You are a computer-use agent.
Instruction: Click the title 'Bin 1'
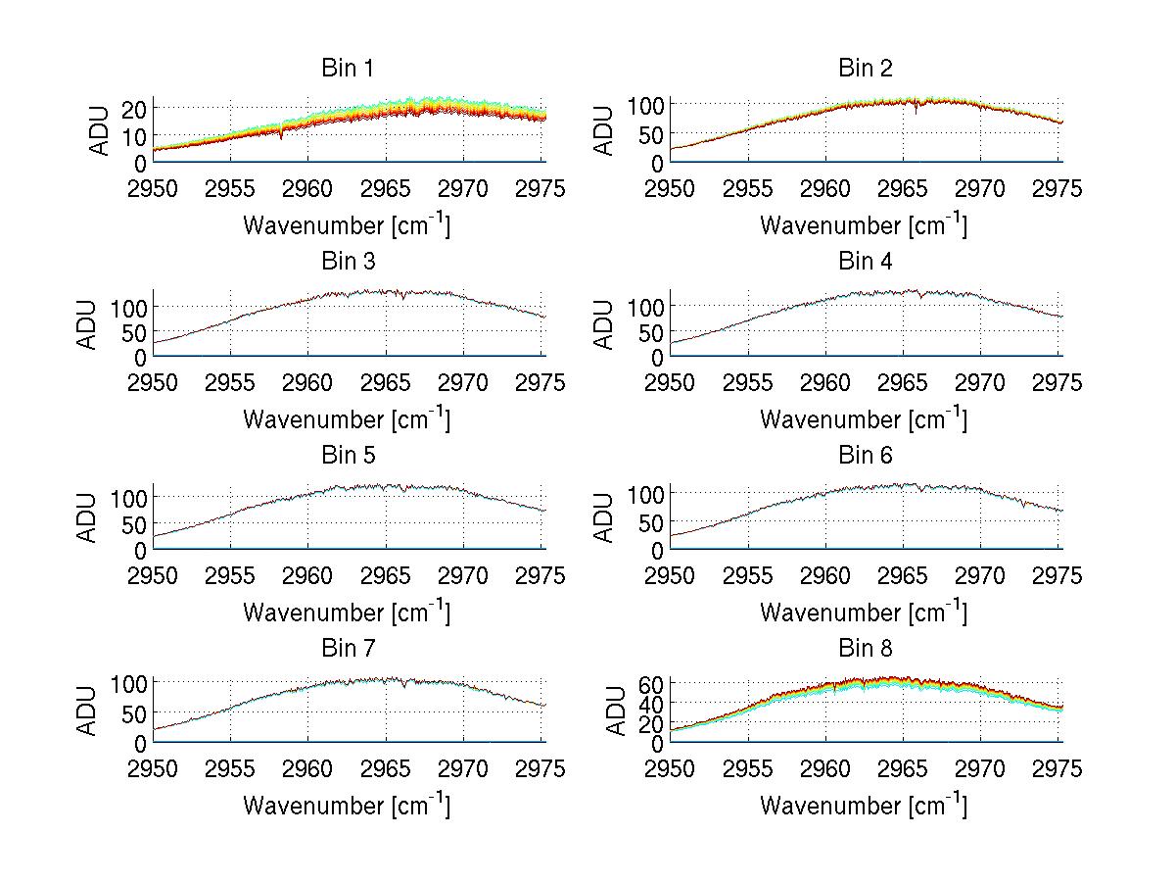(x=348, y=69)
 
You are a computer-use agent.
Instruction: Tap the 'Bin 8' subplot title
(x=866, y=649)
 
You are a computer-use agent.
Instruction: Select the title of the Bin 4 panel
(x=866, y=262)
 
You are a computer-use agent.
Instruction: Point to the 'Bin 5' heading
(x=348, y=456)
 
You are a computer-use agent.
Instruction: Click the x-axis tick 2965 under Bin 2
(x=904, y=188)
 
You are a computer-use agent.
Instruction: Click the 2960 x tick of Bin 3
(x=308, y=382)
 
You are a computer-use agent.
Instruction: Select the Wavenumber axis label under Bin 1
(x=347, y=225)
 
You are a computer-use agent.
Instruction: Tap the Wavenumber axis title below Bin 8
(x=864, y=806)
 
